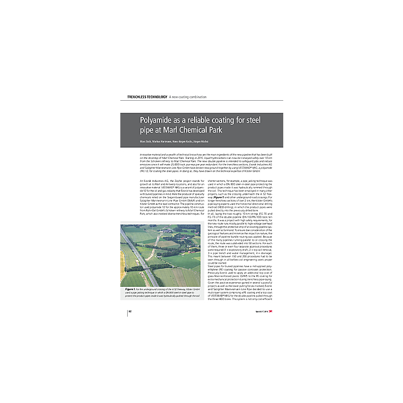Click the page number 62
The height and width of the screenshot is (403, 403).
(x=131, y=310)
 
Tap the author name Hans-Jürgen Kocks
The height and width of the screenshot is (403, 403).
(x=192, y=141)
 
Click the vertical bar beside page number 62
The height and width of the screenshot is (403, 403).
(x=127, y=310)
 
